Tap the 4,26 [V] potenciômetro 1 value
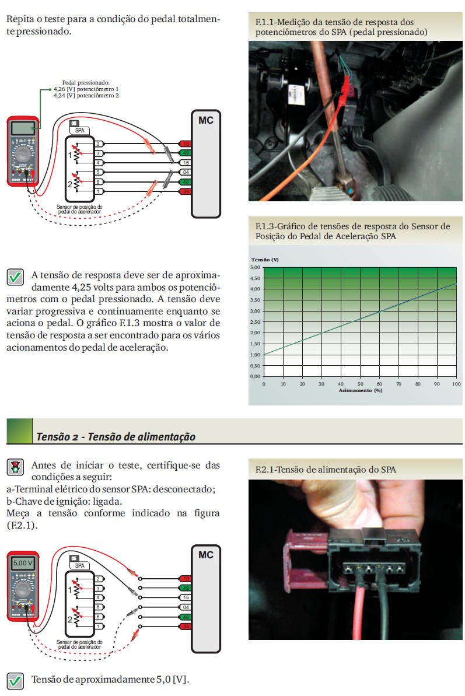86,89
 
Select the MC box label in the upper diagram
205,121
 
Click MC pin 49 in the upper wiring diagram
186,153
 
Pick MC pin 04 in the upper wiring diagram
186,172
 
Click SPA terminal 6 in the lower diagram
99,617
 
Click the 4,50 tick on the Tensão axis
255,278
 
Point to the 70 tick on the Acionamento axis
398,384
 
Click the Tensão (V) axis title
265,259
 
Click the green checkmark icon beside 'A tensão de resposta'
15,277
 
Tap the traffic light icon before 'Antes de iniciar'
15,466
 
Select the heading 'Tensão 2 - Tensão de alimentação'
116,436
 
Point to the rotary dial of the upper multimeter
23,155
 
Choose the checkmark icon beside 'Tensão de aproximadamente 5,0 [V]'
15,680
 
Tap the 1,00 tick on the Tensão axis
255,355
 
